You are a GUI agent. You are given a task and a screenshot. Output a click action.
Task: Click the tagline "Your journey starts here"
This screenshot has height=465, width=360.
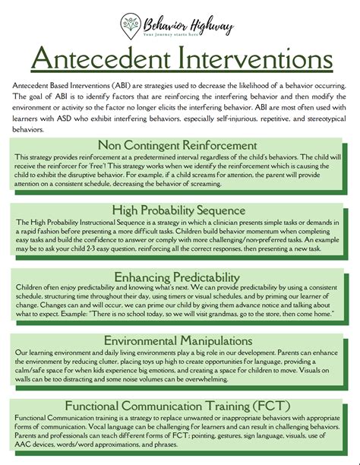[181, 34]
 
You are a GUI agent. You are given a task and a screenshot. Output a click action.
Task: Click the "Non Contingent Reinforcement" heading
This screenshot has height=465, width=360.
[180, 145]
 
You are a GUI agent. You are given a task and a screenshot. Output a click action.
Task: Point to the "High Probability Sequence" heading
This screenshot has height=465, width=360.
[180, 210]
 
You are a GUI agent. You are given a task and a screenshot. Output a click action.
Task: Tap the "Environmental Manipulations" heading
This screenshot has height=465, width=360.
[180, 340]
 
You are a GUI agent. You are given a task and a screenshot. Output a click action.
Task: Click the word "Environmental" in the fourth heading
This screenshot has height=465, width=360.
[136, 340]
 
